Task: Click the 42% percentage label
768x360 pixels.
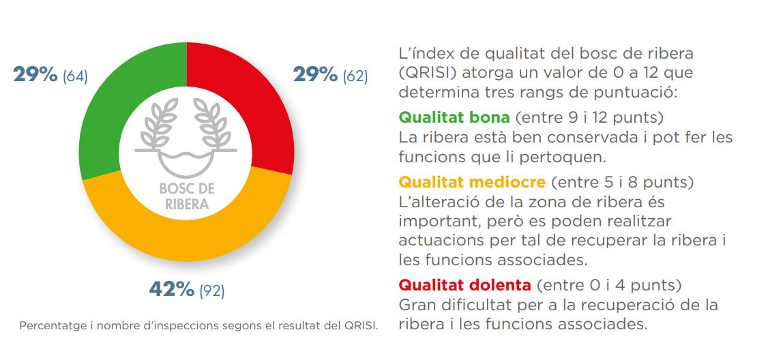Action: pyautogui.click(x=171, y=290)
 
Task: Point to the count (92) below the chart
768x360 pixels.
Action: pyautogui.click(x=211, y=291)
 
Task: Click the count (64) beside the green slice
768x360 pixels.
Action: pyautogui.click(x=75, y=76)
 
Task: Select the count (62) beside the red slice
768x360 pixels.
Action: pyautogui.click(x=355, y=76)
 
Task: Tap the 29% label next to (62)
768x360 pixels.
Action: pyautogui.click(x=315, y=75)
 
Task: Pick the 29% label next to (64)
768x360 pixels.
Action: pyautogui.click(x=35, y=75)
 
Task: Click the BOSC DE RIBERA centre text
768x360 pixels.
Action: pyautogui.click(x=187, y=196)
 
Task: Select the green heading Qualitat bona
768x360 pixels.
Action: pyautogui.click(x=454, y=117)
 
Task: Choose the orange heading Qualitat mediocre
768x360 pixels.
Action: pyautogui.click(x=472, y=182)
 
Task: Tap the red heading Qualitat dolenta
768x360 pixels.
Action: pyautogui.click(x=464, y=285)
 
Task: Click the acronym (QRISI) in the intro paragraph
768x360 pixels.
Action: pyautogui.click(x=428, y=74)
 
